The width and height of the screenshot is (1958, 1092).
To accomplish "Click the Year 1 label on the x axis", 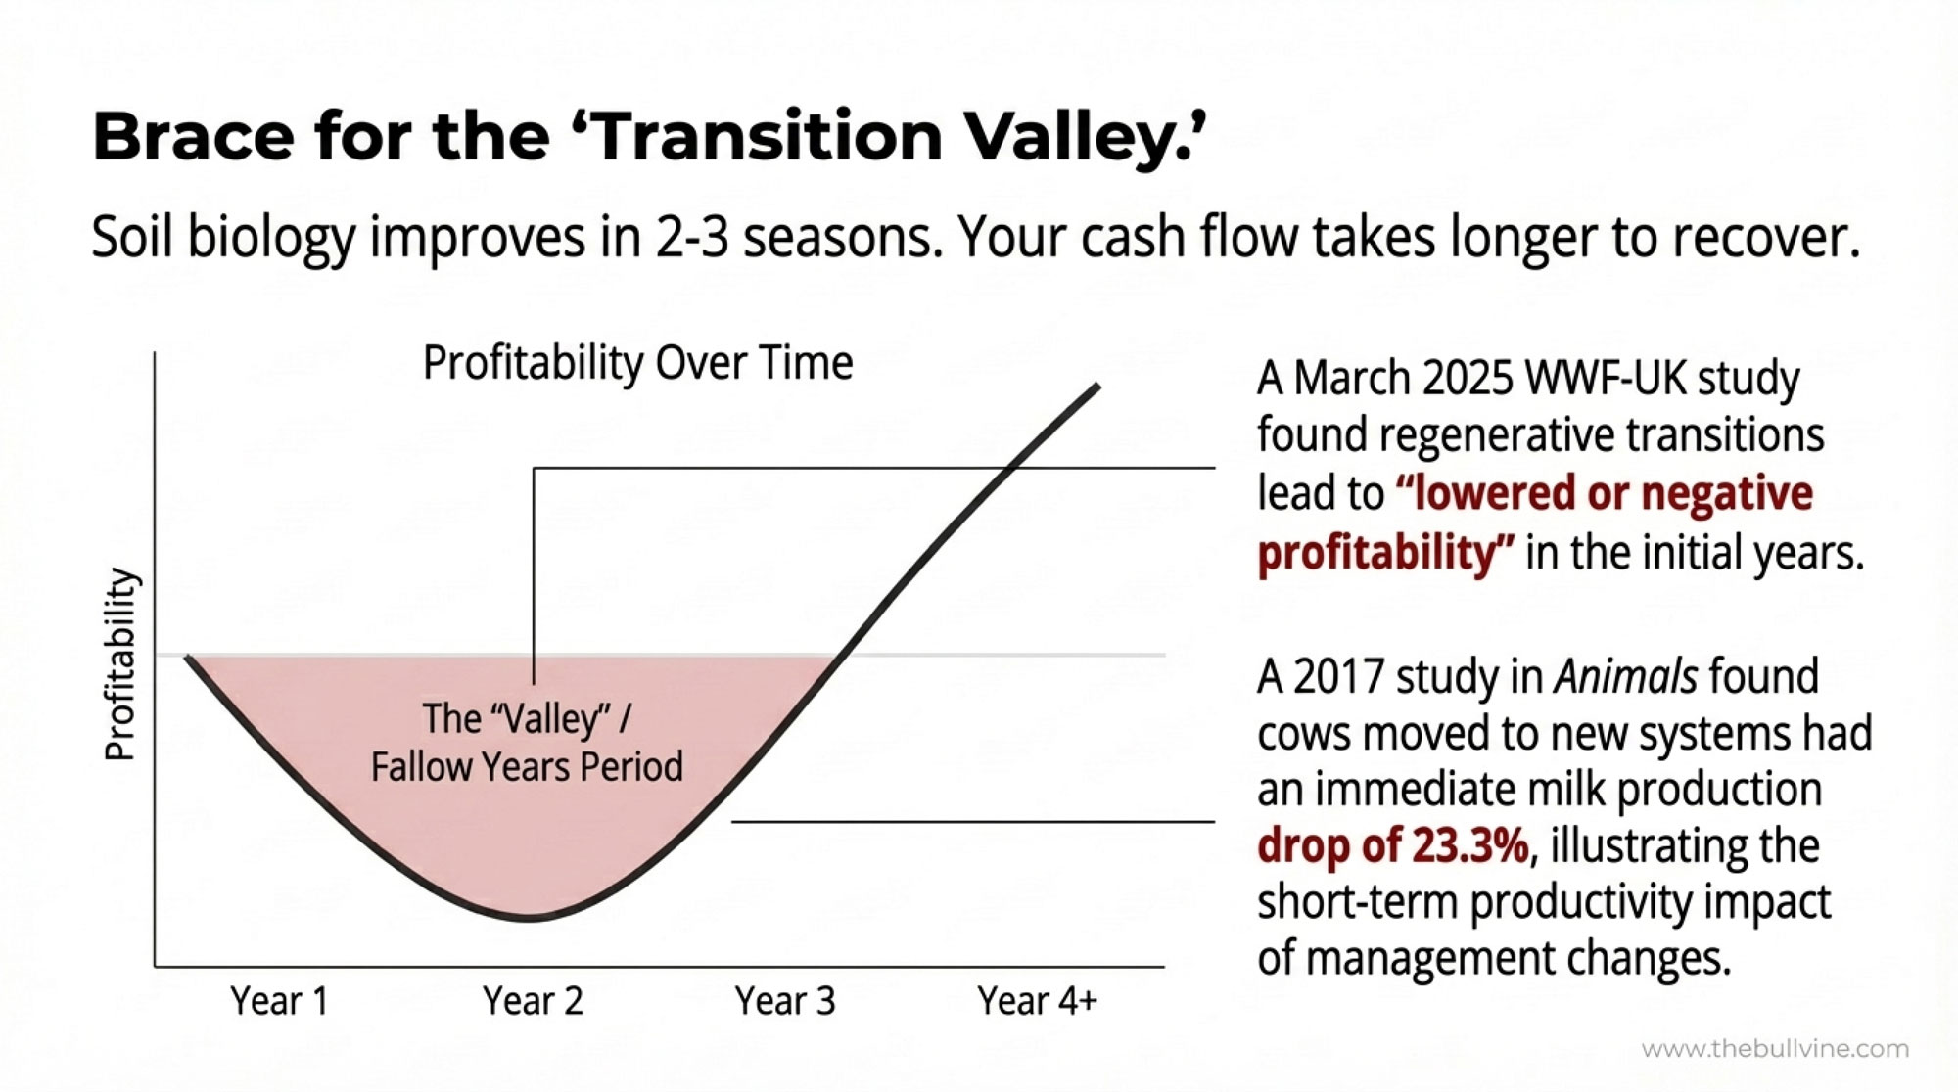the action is coord(279,1001).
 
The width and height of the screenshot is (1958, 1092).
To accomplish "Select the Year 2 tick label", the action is coord(533,1001).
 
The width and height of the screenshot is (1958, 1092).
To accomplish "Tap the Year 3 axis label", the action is coord(785,1001).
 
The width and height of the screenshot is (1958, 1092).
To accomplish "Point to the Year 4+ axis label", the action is coord(1038,1001).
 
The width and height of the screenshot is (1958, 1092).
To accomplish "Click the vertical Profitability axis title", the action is coord(119,664).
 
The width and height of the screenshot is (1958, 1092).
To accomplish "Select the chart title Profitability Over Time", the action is coord(637,363).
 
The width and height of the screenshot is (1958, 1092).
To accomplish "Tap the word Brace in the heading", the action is coord(193,136).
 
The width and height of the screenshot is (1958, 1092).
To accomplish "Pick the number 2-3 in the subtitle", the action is coord(692,237).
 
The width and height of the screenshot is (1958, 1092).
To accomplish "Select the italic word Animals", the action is coord(1625,676).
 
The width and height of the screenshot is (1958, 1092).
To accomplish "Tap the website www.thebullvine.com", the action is coord(1775,1049).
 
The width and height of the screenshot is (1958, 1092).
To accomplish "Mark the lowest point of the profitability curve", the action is coord(529,919).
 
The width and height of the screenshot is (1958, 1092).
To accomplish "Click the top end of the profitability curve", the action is coord(1097,387).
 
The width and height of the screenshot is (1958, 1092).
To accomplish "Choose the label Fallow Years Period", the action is coord(527,766).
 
